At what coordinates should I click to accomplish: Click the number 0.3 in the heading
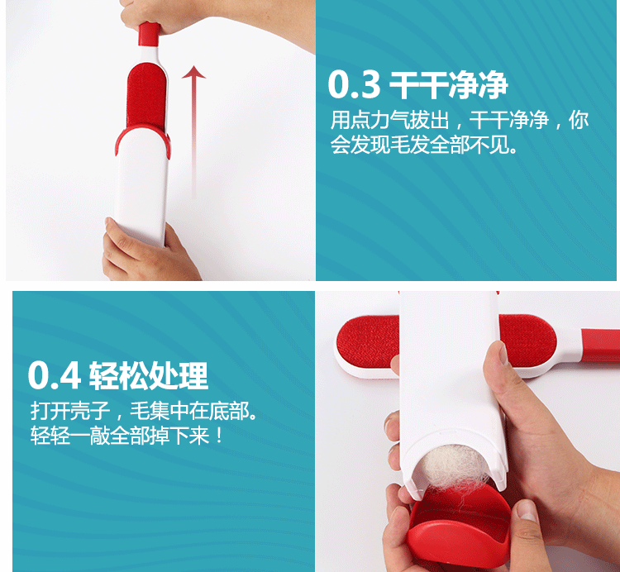click(354, 84)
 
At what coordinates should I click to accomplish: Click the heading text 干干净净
click(448, 84)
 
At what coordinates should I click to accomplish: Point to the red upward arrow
click(193, 124)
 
